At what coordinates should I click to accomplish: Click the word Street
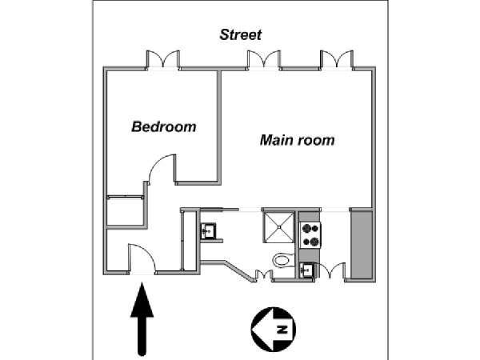(241, 34)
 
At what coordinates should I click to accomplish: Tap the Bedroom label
(164, 126)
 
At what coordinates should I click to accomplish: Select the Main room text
(298, 140)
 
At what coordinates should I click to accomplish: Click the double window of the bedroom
(162, 59)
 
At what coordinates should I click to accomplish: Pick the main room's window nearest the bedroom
(263, 59)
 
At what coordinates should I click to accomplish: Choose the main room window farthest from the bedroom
(337, 59)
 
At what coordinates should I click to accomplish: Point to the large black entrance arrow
(142, 319)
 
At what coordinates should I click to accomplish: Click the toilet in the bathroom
(283, 260)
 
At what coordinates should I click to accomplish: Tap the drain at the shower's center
(278, 227)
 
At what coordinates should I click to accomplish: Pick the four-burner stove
(310, 234)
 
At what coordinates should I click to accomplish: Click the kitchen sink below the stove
(306, 270)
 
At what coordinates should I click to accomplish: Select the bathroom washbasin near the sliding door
(208, 231)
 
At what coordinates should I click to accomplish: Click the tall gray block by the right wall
(362, 244)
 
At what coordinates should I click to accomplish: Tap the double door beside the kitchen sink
(330, 271)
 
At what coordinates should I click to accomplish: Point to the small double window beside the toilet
(264, 275)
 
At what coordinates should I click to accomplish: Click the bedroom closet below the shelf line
(126, 212)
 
